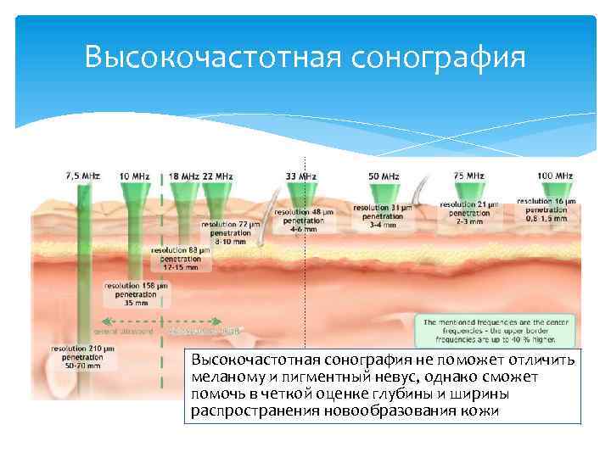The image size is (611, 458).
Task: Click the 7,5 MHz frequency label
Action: (x=82, y=176)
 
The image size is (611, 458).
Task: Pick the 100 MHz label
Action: (x=555, y=176)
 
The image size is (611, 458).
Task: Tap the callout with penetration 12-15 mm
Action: (x=180, y=259)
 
